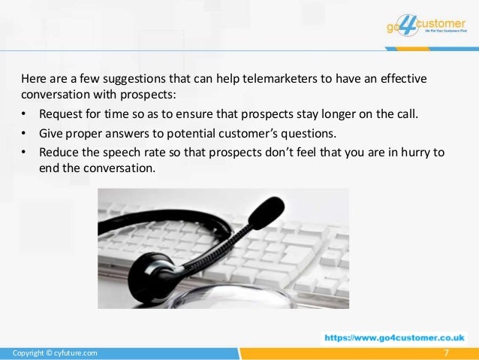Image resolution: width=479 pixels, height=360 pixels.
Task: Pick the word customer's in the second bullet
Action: click(224, 134)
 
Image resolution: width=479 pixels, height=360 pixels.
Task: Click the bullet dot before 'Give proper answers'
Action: click(24, 134)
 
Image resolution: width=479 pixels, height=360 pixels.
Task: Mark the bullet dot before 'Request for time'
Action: click(24, 115)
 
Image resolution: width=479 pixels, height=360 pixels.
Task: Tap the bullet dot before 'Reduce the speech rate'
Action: click(24, 153)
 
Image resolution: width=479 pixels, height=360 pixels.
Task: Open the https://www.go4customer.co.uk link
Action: click(394, 338)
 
